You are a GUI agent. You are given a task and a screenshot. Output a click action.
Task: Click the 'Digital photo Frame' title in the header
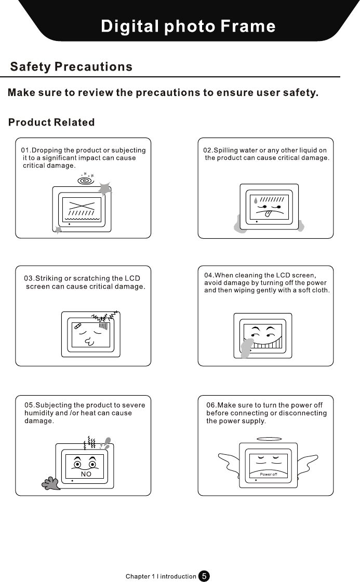pyautogui.click(x=188, y=26)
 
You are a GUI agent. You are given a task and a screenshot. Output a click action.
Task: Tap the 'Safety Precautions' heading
pyautogui.click(x=71, y=67)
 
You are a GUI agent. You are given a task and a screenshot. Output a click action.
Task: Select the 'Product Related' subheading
pyautogui.click(x=51, y=123)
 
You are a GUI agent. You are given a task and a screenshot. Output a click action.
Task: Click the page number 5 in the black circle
pyautogui.click(x=205, y=576)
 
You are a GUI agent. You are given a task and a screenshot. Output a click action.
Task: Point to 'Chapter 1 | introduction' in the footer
pyautogui.click(x=161, y=576)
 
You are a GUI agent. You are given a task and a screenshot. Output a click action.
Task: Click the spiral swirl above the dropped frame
pyautogui.click(x=83, y=180)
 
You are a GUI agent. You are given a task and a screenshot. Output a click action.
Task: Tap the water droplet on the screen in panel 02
pyautogui.click(x=256, y=200)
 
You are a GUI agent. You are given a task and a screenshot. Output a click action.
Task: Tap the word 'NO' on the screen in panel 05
pyautogui.click(x=86, y=474)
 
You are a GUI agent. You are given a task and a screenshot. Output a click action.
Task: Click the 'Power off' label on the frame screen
pyautogui.click(x=269, y=474)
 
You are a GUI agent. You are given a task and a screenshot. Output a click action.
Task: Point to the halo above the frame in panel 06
pyautogui.click(x=269, y=439)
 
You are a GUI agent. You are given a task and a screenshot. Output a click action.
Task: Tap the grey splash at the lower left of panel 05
pyautogui.click(x=51, y=483)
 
